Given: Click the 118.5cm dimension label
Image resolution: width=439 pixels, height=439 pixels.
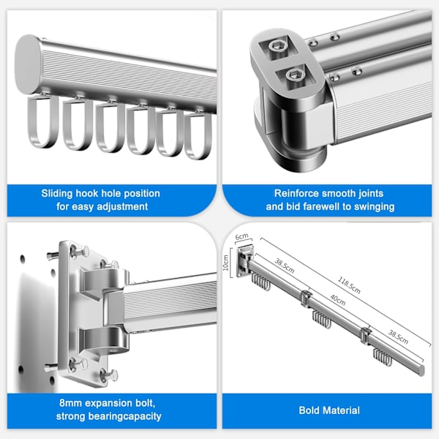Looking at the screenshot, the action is click(349, 285).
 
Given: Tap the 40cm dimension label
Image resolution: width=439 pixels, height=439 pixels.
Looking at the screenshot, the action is click(337, 300).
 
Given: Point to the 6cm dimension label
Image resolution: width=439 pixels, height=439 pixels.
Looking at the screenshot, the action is click(241, 236).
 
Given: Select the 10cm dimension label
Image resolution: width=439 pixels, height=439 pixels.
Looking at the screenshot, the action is click(226, 263).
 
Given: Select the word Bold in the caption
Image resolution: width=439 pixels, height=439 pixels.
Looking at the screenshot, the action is click(309, 410).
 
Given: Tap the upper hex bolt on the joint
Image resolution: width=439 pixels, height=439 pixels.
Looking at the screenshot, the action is click(277, 46).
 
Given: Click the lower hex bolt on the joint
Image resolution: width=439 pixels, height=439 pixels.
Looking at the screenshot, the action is click(293, 75).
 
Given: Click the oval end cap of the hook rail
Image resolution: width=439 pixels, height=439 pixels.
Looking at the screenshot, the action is click(28, 64).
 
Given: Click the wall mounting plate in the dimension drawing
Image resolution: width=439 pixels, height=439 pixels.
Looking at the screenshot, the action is click(241, 261).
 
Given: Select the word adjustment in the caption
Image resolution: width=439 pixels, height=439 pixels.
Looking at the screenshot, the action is click(122, 206).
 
